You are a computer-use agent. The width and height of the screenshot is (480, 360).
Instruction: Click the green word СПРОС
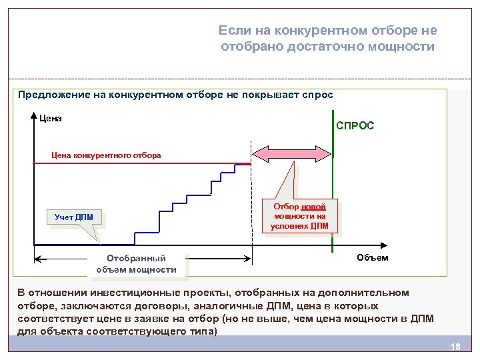point(355,125)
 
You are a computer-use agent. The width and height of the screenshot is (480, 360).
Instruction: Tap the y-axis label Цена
point(51,119)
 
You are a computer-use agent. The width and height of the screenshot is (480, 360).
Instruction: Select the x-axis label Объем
point(373,257)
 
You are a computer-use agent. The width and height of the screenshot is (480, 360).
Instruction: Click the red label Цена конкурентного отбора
point(106,155)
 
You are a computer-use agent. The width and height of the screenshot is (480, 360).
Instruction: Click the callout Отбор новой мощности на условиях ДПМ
point(300,216)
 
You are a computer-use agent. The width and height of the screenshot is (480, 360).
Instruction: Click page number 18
point(456,347)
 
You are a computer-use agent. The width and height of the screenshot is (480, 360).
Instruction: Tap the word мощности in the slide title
point(405,47)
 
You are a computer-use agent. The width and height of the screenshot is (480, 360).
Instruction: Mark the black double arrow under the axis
point(143,259)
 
